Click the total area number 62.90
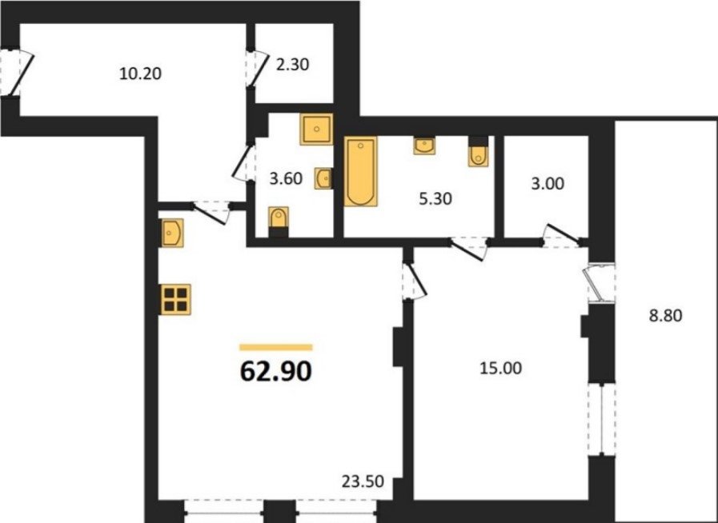click(x=275, y=371)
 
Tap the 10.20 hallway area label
click(x=140, y=74)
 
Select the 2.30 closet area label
click(x=293, y=65)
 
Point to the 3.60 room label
click(x=286, y=178)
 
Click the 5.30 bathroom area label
click(x=435, y=198)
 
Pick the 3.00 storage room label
click(x=548, y=184)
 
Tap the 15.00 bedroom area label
click(x=500, y=369)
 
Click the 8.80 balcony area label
click(x=666, y=316)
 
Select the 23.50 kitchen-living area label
click(x=363, y=481)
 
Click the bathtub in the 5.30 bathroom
click(x=360, y=171)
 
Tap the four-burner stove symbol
click(x=176, y=299)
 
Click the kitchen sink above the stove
click(x=172, y=234)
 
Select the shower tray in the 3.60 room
click(x=316, y=129)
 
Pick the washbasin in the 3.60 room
click(x=323, y=178)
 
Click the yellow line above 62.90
click(x=275, y=347)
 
